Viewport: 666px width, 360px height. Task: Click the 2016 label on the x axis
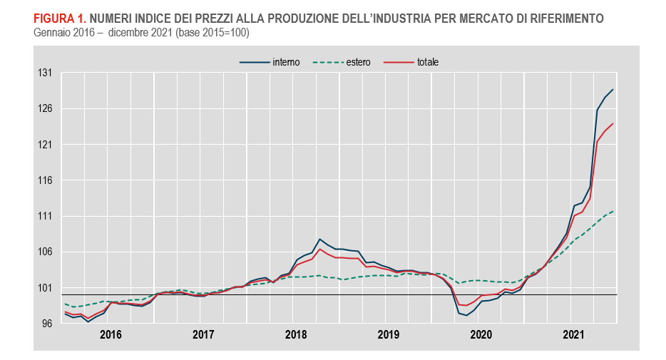(111, 334)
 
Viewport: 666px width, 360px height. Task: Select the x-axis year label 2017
(203, 334)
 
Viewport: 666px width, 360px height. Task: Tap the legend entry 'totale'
(427, 62)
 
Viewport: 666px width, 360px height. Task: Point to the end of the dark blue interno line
(613, 90)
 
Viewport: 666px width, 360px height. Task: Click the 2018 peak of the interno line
(319, 239)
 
